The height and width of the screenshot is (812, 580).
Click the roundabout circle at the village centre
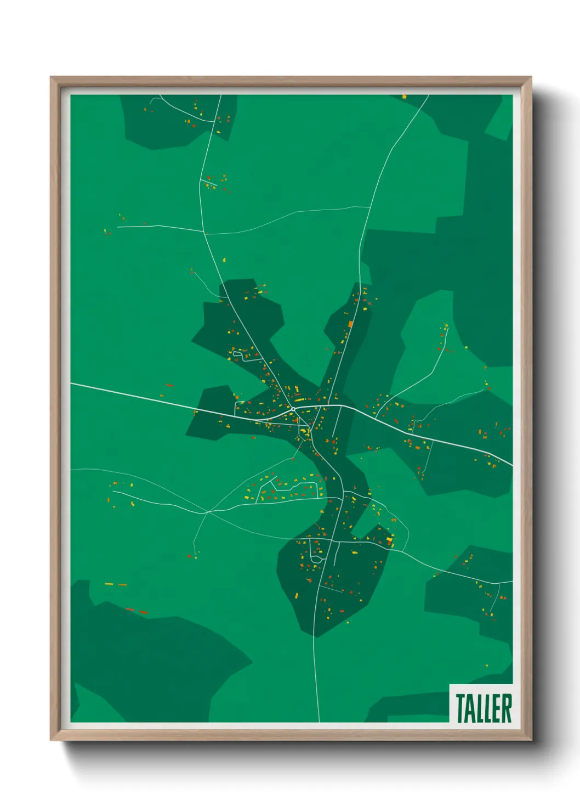tap(294, 409)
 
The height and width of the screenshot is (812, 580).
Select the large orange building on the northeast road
tap(350, 324)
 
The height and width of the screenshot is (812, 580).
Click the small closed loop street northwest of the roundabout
tap(238, 354)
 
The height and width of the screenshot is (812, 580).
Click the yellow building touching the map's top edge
tap(404, 97)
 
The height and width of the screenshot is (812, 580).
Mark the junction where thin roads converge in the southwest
tap(207, 512)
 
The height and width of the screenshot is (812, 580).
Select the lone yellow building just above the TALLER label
tap(486, 666)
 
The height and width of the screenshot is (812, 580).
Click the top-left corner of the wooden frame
tap(51, 77)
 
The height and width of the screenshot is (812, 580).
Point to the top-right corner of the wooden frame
tap(531, 77)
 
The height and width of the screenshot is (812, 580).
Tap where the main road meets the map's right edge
tap(511, 465)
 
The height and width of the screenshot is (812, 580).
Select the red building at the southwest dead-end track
tap(189, 556)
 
